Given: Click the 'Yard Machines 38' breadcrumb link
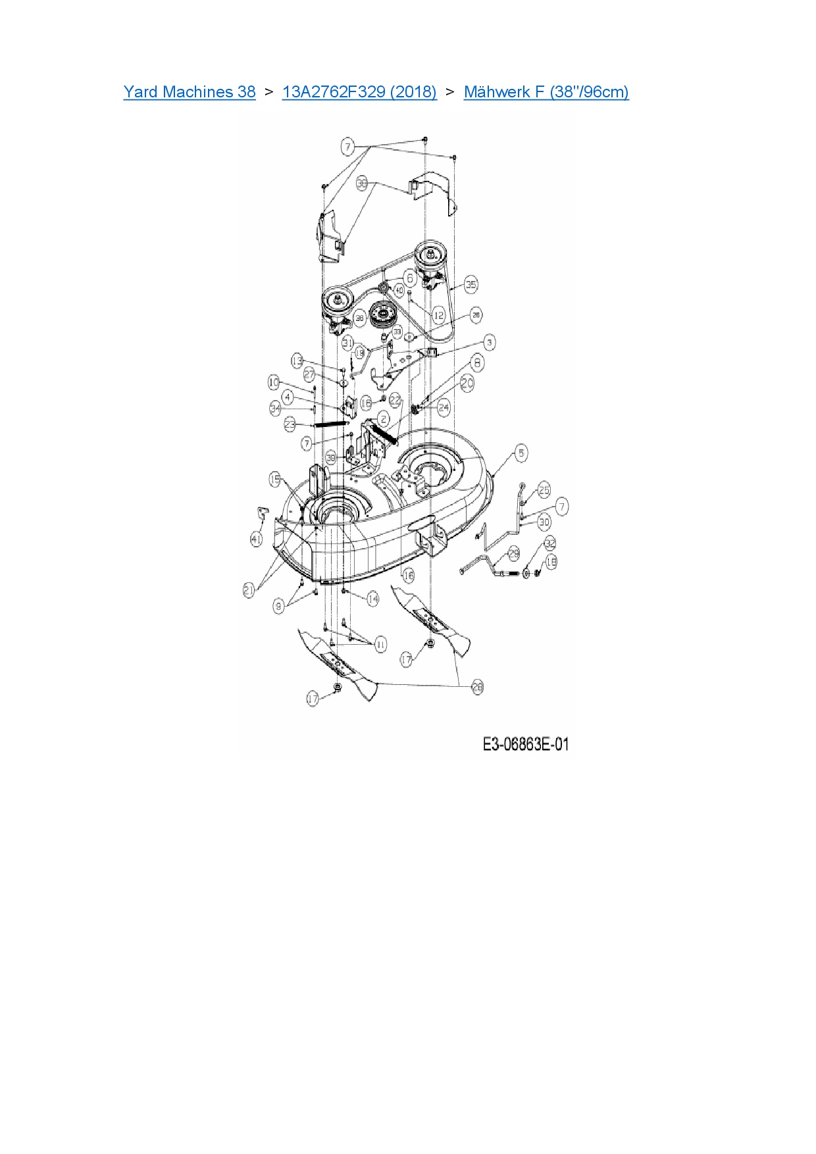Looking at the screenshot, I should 190,92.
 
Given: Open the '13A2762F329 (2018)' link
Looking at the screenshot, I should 359,92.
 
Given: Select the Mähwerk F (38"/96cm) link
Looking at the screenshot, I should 546,92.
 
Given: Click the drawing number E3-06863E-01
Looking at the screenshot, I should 525,744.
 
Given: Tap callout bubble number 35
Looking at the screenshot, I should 471,285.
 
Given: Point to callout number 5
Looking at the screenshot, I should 521,453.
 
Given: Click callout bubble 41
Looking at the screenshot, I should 257,539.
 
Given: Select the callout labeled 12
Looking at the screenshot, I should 439,315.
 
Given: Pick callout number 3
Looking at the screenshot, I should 489,342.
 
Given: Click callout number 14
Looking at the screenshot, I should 373,599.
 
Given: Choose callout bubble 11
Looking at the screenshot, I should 380,644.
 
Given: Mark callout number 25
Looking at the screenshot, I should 544,489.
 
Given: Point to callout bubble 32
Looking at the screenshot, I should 550,543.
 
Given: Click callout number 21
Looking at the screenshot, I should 249,591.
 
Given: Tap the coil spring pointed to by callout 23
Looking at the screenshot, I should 330,424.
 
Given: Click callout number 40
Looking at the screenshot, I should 398,290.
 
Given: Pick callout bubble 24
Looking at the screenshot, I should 444,407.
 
